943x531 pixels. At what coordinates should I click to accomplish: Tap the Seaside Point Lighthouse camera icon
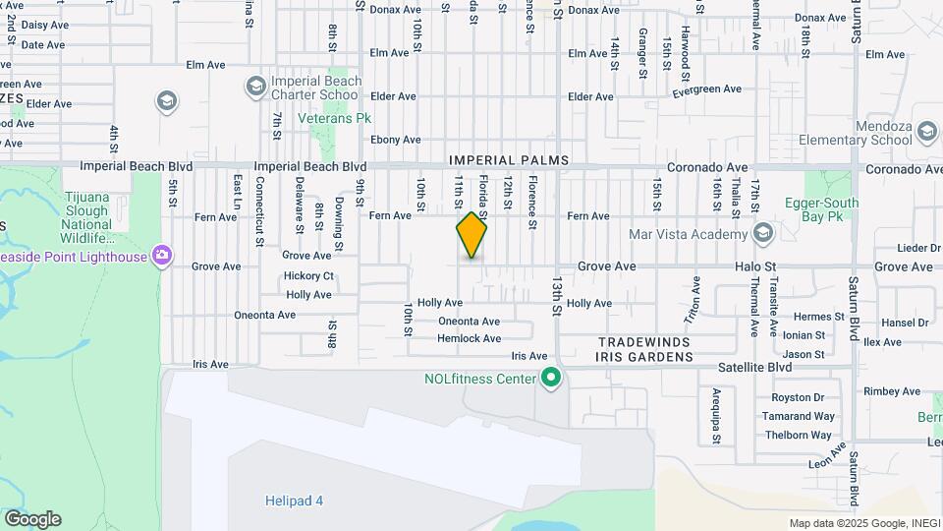pyautogui.click(x=163, y=257)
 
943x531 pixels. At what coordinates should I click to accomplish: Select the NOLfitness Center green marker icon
pyautogui.click(x=552, y=378)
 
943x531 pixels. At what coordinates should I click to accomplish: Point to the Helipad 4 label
pyautogui.click(x=294, y=501)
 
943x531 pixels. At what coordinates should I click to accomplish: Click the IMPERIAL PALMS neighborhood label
pyautogui.click(x=509, y=159)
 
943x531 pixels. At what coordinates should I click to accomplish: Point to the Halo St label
pyautogui.click(x=755, y=266)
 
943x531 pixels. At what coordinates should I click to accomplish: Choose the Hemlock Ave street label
pyautogui.click(x=470, y=338)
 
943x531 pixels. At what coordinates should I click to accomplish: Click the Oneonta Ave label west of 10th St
pyautogui.click(x=265, y=315)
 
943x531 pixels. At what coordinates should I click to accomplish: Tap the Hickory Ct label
pyautogui.click(x=309, y=276)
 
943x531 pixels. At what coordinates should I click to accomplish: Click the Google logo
pyautogui.click(x=32, y=519)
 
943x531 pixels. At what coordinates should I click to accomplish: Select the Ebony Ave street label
pyautogui.click(x=396, y=140)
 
